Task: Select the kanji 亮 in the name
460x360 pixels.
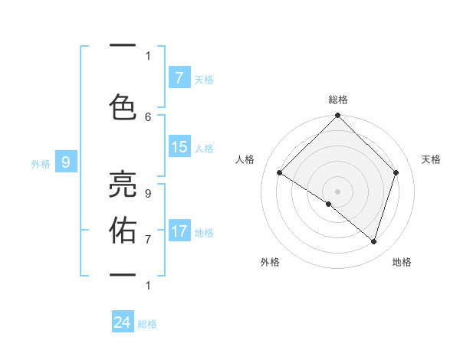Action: point(123,185)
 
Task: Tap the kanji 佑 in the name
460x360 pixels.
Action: point(123,230)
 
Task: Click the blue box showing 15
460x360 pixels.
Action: point(179,148)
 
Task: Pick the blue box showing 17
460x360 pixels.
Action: point(179,231)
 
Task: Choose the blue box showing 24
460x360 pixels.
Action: point(123,323)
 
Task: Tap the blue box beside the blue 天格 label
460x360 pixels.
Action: point(179,78)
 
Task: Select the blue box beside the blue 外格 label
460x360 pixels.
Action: point(66,162)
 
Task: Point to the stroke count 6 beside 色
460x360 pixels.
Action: point(148,116)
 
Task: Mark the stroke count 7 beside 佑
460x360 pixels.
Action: point(148,239)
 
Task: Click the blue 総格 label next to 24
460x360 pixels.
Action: point(147,324)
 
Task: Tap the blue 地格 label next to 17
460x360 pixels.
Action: point(205,232)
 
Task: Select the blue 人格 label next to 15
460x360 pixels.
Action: point(205,149)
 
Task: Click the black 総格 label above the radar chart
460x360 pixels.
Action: point(337,100)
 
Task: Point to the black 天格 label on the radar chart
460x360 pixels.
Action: point(432,159)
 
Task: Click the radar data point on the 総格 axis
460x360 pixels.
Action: point(337,116)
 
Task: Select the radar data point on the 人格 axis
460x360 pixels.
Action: point(280,173)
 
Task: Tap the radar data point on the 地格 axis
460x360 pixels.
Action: point(373,241)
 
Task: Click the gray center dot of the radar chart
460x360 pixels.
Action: point(337,191)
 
